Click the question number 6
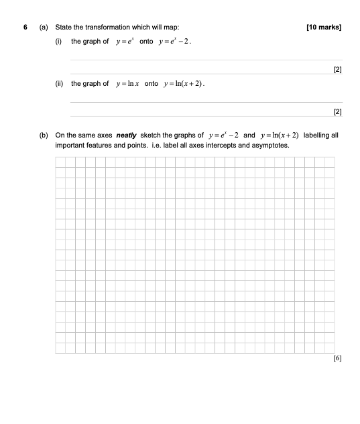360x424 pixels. [x=24, y=28]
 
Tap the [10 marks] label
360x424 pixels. [x=323, y=28]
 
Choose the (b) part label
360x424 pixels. [x=44, y=135]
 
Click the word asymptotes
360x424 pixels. [x=270, y=145]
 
